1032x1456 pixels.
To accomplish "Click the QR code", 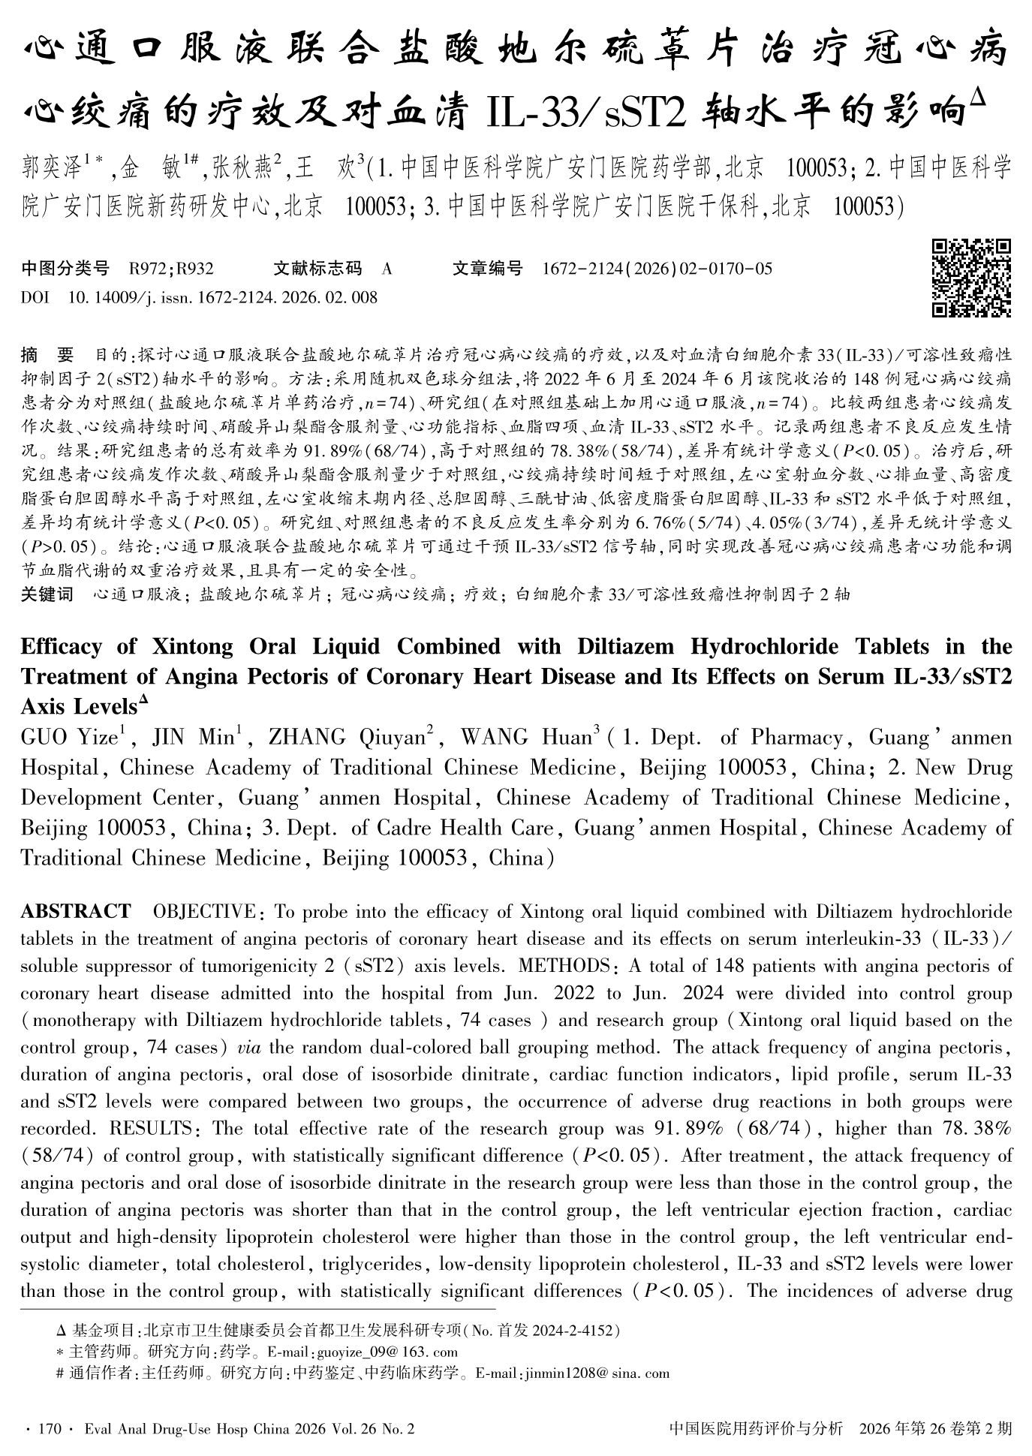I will click(x=970, y=278).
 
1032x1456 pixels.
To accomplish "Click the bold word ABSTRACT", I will click(x=75, y=912).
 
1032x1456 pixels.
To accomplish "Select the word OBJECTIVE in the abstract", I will click(x=204, y=912).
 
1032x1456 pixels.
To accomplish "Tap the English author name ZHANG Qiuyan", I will click(x=347, y=738).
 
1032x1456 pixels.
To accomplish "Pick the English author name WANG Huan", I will click(x=525, y=738).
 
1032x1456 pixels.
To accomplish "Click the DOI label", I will click(x=35, y=298).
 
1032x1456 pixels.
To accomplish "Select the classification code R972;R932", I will click(x=171, y=269).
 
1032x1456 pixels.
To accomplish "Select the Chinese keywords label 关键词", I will click(x=47, y=595).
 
